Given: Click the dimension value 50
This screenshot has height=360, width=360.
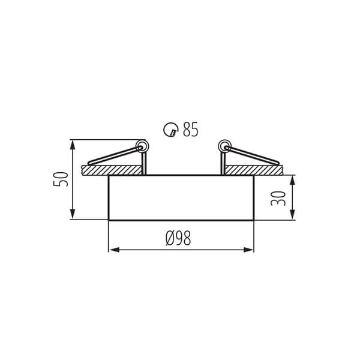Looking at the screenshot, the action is (61, 179).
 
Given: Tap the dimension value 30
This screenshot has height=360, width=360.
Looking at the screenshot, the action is (278, 199).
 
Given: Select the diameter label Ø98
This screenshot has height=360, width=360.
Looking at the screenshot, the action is (178, 238).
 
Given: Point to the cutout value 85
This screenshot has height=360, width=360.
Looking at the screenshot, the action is (190, 130).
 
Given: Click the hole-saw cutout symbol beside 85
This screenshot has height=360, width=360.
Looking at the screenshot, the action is (171, 130).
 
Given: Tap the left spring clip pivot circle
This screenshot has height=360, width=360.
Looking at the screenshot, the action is (142, 146).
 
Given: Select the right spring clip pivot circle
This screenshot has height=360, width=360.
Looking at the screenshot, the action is (225, 146).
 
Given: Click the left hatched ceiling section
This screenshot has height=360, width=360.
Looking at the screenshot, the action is (112, 170).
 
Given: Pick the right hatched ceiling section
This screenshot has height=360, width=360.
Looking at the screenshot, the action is (254, 170).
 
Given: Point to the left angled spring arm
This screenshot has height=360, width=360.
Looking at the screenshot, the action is (114, 155).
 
